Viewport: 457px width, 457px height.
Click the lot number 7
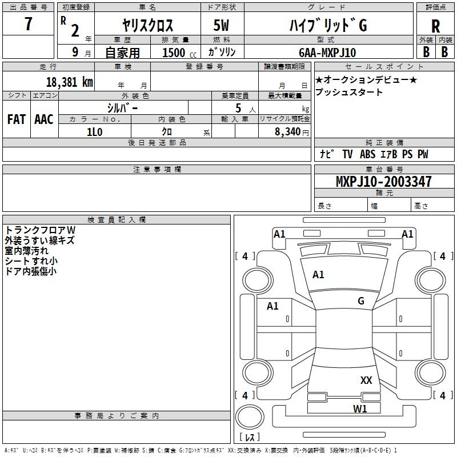pos(28,23)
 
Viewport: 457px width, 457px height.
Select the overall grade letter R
pos(435,26)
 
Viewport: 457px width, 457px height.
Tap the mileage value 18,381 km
pos(69,82)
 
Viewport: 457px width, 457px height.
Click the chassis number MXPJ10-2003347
pos(383,181)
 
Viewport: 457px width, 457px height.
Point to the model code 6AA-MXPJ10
pos(327,53)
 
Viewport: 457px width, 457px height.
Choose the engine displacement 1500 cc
pos(179,53)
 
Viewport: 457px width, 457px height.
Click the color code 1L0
pos(95,132)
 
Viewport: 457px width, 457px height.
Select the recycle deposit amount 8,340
pos(288,132)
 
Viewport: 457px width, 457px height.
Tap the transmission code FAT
pos(17,119)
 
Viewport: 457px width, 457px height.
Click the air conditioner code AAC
pos(44,119)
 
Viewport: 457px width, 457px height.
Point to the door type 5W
pos(221,25)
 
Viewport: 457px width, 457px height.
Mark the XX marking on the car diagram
pos(366,380)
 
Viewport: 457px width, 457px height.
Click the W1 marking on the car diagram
pos(360,408)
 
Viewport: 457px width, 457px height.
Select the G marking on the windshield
pos(361,301)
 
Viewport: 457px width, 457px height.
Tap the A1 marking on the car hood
pos(318,275)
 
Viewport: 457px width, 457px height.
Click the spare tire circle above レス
pos(250,417)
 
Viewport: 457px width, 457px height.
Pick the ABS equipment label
pos(367,154)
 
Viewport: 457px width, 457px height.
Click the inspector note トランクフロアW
pos(40,230)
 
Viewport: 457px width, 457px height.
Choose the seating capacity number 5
pos(238,108)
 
